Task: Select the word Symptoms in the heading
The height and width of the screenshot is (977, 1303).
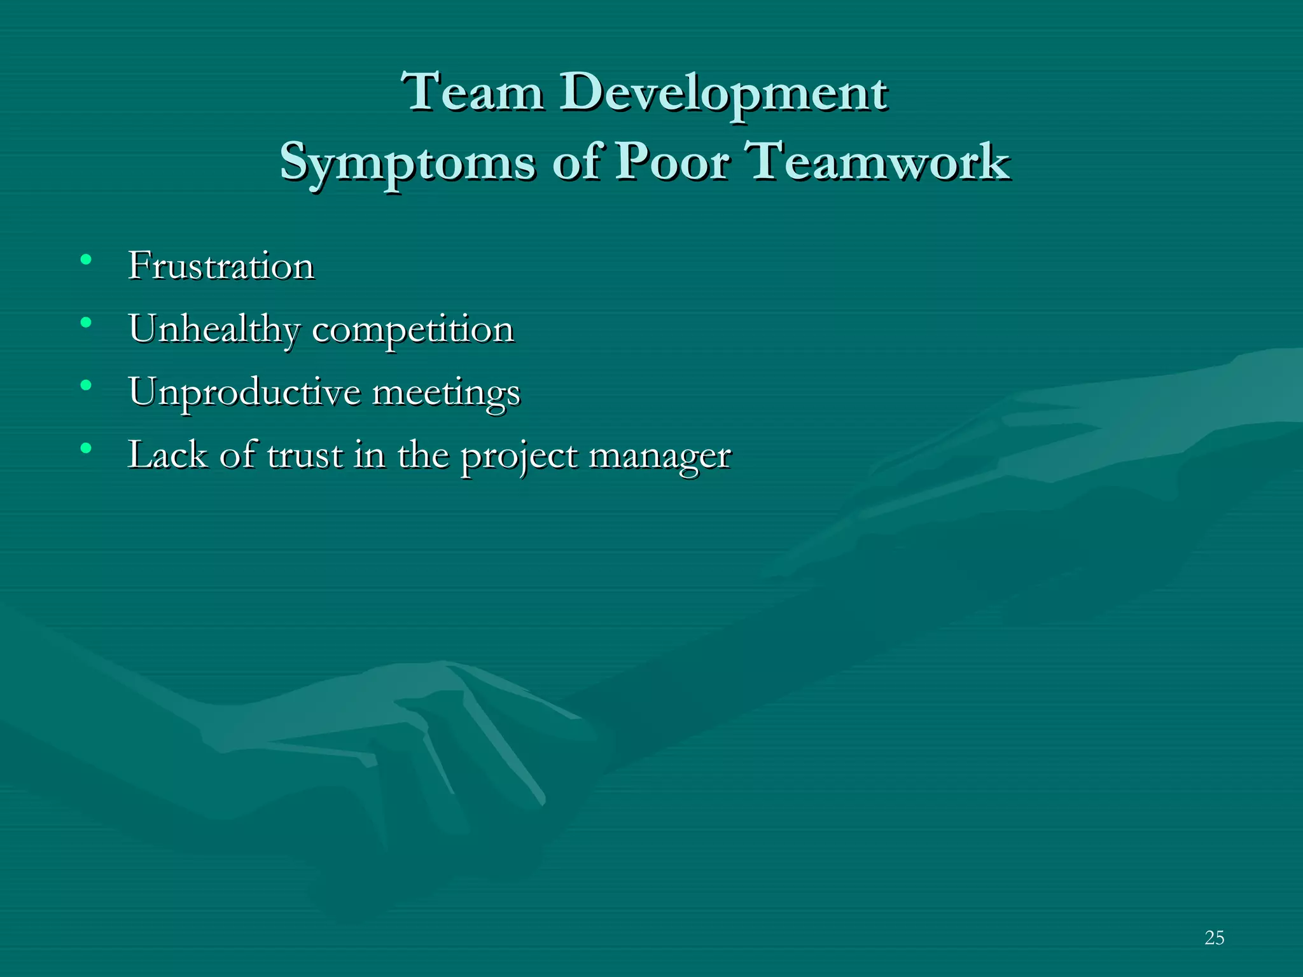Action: [407, 163]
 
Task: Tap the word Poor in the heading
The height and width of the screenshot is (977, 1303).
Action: [672, 162]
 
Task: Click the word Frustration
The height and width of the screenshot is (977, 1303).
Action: [221, 265]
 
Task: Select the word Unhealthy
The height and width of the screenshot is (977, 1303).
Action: [214, 329]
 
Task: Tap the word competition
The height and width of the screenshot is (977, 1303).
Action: [413, 330]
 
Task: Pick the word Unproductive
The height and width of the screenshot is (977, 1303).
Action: [244, 392]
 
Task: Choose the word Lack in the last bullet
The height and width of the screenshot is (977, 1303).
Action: [167, 455]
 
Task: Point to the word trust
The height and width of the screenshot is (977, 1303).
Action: [305, 455]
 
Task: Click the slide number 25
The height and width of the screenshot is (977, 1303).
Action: [1214, 938]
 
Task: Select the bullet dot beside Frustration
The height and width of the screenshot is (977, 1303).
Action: [86, 260]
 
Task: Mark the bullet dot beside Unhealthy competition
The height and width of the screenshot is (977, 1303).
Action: [86, 322]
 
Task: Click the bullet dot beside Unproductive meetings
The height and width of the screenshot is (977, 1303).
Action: [86, 385]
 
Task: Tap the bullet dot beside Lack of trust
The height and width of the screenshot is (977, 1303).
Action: [86, 448]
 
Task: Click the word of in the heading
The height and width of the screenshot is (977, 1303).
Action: [576, 162]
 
